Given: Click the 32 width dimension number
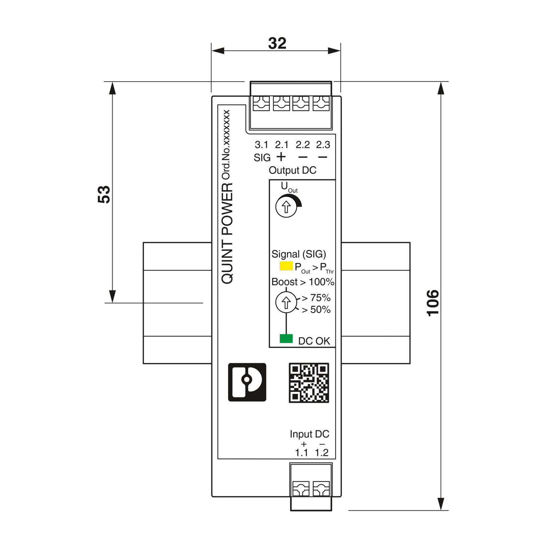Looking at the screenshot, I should point(277,43).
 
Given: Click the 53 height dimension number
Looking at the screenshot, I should point(104,194).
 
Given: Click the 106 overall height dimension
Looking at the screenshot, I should point(433,303).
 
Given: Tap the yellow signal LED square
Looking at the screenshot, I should point(286,266).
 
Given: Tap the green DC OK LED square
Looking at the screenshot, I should point(286,339).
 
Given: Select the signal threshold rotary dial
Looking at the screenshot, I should point(286,302).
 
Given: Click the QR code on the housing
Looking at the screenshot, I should point(309,382).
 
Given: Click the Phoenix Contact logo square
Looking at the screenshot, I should point(247,382).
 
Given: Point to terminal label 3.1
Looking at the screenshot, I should point(261,145).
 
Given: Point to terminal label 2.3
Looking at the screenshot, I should point(323,145).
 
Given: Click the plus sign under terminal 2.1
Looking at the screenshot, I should point(281,157).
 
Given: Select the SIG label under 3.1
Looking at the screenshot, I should point(262,158).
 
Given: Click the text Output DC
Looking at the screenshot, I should point(292,170).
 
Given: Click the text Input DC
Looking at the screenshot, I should point(309,434).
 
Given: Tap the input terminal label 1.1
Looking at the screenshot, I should point(301,453).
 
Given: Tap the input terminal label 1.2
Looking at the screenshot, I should point(322,453).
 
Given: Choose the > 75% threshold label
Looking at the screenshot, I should point(316,297).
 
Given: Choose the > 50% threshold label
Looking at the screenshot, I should point(316,310).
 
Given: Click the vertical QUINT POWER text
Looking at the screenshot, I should point(227,234).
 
